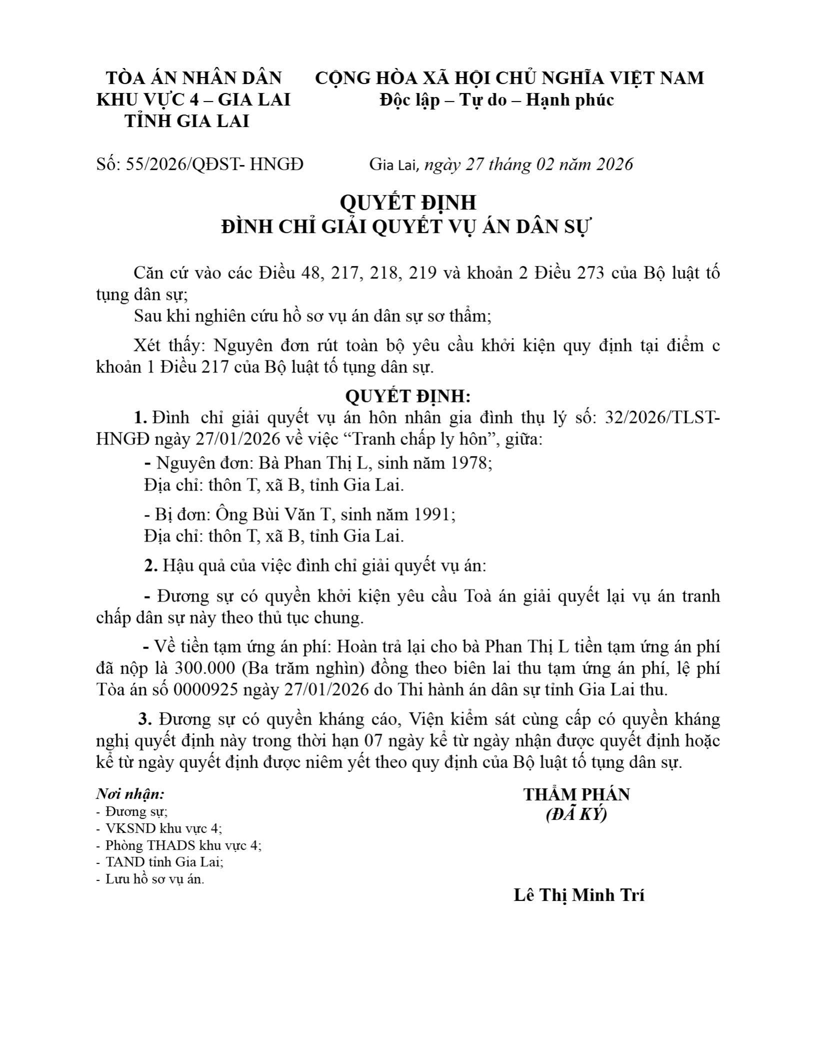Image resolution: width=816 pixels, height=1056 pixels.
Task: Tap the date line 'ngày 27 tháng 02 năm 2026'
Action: pos(528,164)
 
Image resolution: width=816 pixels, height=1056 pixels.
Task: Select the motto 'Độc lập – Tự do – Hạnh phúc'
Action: pos(496,100)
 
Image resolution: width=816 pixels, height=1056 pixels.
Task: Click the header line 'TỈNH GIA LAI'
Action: pos(187,121)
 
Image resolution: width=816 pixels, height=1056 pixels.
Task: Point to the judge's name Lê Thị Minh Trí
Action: pos(579,895)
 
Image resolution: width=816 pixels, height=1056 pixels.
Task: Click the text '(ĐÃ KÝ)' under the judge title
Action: pos(576,814)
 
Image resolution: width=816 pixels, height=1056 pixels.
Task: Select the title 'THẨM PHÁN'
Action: pos(576,794)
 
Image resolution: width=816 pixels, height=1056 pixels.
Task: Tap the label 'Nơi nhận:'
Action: pos(130,793)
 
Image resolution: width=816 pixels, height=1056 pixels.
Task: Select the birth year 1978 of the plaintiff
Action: pos(469,463)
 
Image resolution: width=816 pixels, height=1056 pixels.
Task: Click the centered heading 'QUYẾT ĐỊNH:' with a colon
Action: pos(407,396)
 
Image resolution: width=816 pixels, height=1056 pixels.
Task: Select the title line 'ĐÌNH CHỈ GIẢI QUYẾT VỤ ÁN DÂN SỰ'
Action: pos(407,227)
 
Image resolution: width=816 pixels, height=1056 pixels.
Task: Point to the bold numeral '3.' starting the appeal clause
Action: pos(145,719)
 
